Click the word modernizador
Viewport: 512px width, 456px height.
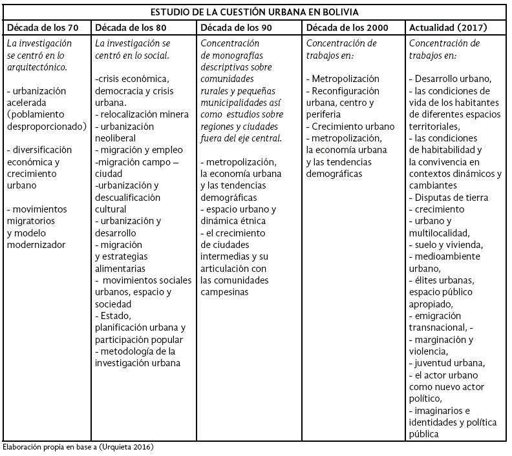(x=36, y=245)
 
